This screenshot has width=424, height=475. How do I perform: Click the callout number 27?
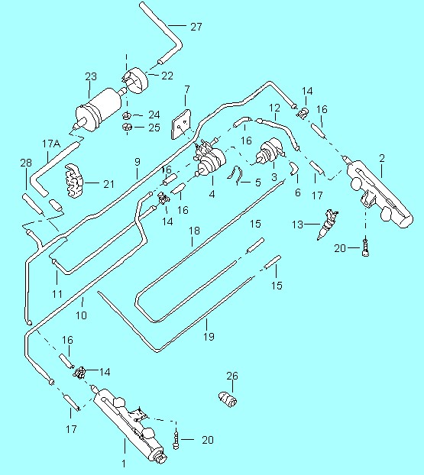[x=196, y=27]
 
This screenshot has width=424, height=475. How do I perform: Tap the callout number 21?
[x=108, y=184]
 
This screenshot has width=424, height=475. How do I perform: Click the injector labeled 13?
[x=327, y=225]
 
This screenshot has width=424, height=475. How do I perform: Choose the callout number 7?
[x=187, y=89]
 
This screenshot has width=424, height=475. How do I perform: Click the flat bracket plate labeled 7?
[x=181, y=124]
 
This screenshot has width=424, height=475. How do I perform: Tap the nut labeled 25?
[x=127, y=127]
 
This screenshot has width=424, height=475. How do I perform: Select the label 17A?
[x=51, y=144]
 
